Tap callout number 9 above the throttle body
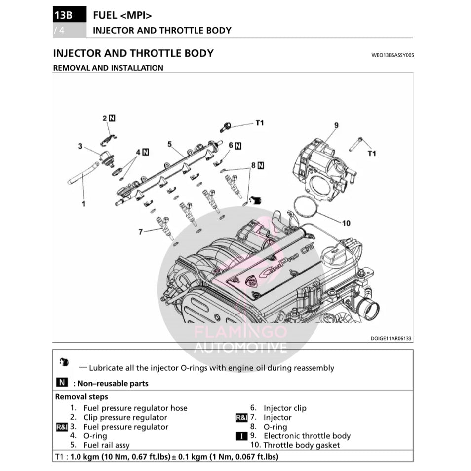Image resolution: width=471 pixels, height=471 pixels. tap(336, 125)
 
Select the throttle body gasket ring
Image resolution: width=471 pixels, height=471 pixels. tap(306, 206)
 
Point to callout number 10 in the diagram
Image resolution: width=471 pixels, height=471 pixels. tap(346, 223)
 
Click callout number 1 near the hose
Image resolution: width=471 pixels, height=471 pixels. tap(83, 203)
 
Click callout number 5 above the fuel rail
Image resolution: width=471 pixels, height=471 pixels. tap(169, 144)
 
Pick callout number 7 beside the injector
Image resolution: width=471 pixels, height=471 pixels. tap(140, 231)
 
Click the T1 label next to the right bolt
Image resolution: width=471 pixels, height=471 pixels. tap(372, 154)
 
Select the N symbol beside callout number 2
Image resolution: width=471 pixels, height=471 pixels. tap(112, 118)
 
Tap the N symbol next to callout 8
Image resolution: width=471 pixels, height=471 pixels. tap(260, 166)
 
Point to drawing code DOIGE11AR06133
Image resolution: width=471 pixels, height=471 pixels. tap(391, 339)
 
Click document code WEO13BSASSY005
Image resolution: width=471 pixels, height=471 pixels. tap(392, 55)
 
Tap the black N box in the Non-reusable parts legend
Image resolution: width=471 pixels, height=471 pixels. tap(62, 383)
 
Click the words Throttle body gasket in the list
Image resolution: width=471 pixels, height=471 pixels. tap(301, 445)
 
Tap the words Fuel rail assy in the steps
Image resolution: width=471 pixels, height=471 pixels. tap(106, 445)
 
